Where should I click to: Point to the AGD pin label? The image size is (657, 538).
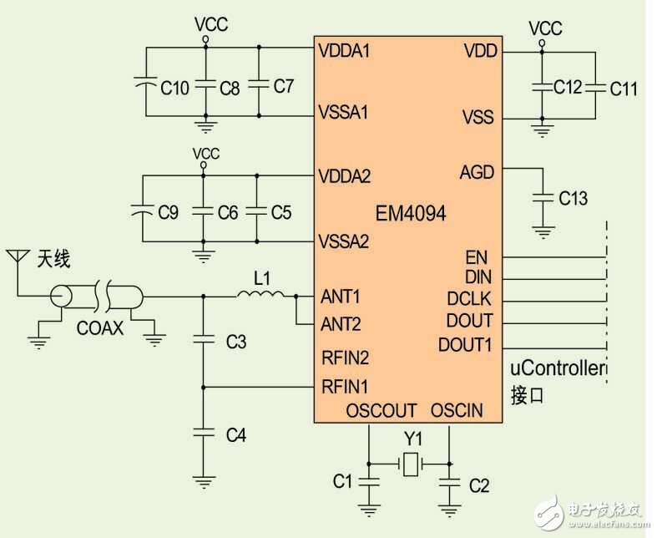click(x=477, y=172)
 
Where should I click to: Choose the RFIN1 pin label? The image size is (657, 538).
click(x=345, y=386)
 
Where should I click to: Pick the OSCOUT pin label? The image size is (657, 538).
click(x=381, y=411)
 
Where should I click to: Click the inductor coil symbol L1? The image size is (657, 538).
click(x=260, y=294)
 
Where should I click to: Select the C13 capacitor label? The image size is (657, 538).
click(x=574, y=198)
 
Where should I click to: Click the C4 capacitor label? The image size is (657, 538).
click(x=237, y=434)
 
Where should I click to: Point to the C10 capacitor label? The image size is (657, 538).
click(x=174, y=87)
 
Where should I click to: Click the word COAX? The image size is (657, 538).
click(x=101, y=329)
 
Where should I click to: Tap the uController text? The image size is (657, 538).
click(x=557, y=368)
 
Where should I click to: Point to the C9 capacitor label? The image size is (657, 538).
click(x=168, y=213)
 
